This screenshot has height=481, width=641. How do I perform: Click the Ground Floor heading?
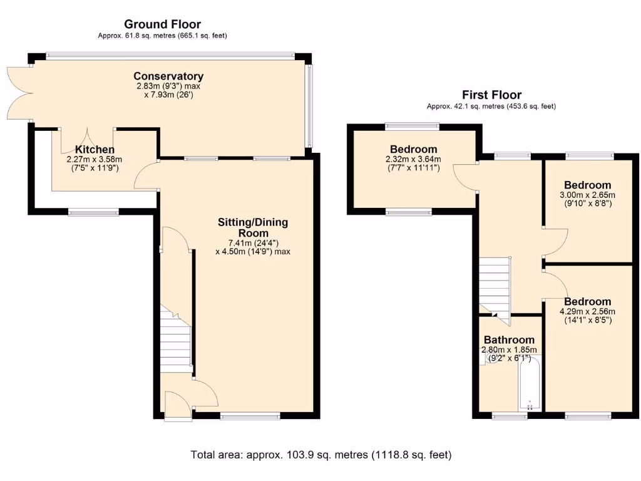(162, 24)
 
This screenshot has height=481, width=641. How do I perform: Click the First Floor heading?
(491, 95)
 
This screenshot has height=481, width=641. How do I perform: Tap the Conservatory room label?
(168, 76)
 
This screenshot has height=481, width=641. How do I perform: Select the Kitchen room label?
(95, 150)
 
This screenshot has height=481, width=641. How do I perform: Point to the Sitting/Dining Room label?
(253, 227)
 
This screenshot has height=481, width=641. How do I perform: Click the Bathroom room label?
(508, 340)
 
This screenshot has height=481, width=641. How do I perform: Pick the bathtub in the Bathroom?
(530, 385)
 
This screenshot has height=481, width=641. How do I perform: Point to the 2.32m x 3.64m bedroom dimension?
(413, 163)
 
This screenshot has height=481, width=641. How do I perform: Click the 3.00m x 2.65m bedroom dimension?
(587, 199)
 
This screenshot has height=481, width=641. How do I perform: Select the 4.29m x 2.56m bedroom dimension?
(587, 316)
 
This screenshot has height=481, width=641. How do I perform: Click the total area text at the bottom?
(320, 455)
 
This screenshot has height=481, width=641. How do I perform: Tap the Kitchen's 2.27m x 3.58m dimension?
(94, 164)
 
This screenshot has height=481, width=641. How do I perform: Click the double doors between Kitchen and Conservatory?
(87, 141)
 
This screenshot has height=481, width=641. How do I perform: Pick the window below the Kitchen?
(93, 213)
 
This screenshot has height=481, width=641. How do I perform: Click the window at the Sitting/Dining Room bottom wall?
(250, 415)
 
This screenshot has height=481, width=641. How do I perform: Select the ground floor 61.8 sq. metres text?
(162, 36)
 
